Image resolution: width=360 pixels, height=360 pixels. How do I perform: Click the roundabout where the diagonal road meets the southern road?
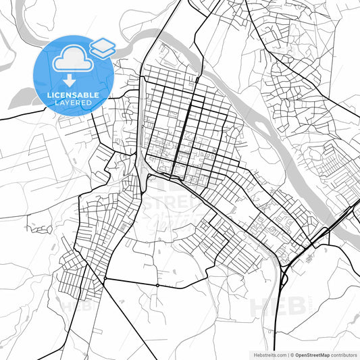pos(105,278)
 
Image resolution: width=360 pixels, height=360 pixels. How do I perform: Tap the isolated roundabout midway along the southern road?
pos(157,285)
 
